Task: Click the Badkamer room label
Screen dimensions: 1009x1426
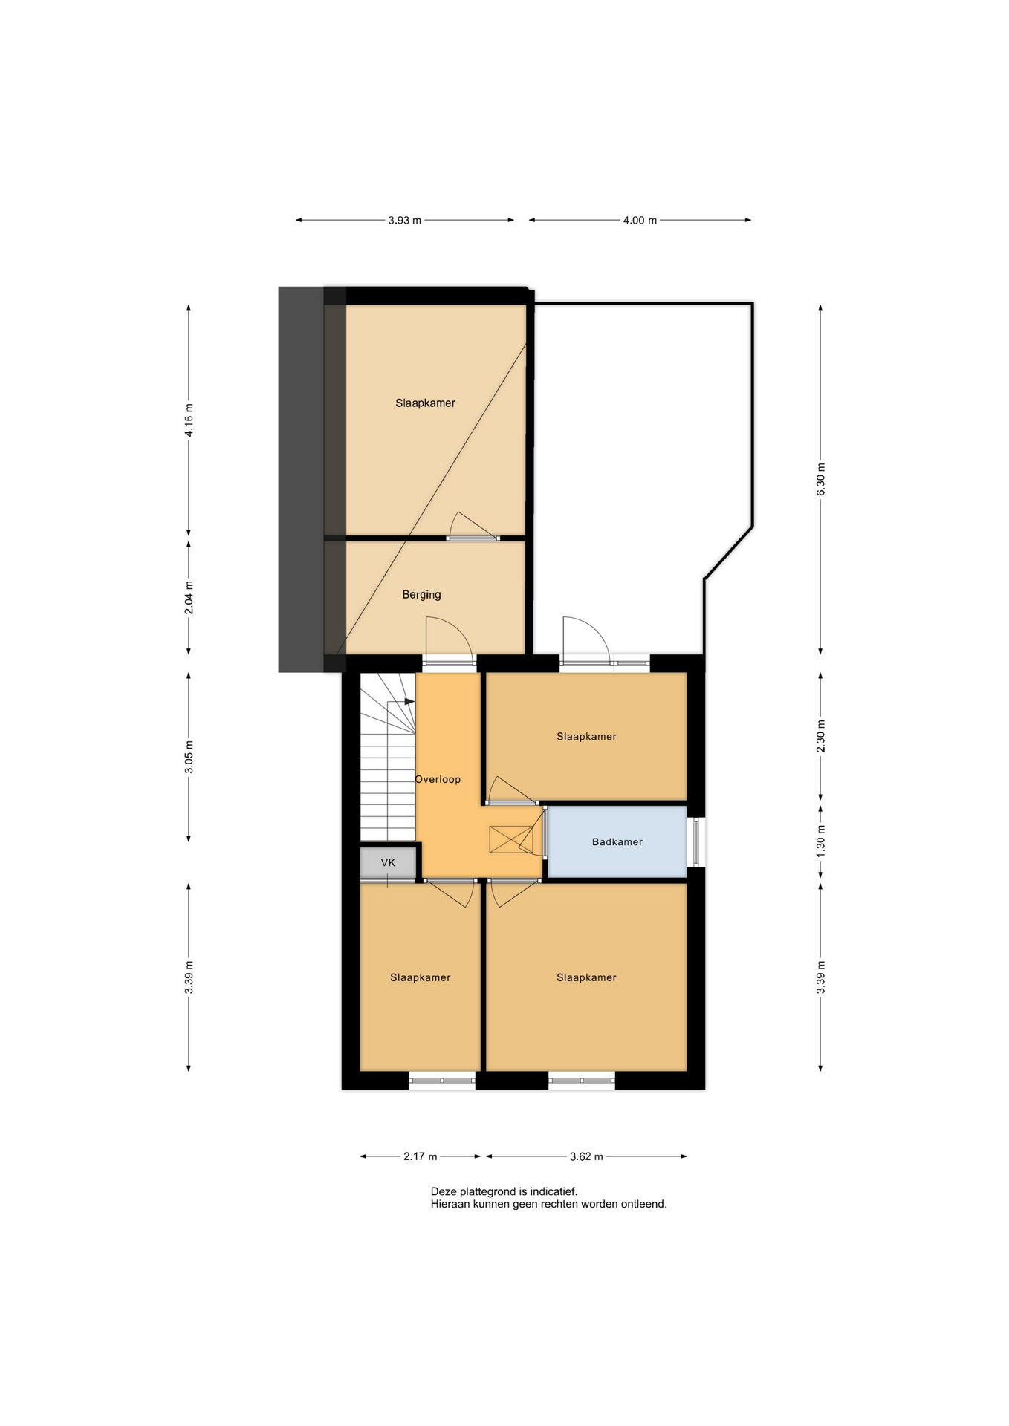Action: click(x=617, y=841)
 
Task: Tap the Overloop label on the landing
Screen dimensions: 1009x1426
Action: click(x=438, y=779)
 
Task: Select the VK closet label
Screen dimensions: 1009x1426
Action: click(x=388, y=862)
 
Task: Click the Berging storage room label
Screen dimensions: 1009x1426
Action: click(x=421, y=594)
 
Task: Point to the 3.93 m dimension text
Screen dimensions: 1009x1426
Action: click(x=404, y=220)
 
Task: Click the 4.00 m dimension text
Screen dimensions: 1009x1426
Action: click(x=640, y=220)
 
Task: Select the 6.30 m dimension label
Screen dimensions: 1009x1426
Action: click(x=820, y=480)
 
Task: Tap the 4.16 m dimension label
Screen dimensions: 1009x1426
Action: click(x=189, y=420)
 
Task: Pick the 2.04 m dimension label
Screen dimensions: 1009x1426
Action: click(x=189, y=598)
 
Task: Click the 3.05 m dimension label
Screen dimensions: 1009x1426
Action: click(x=189, y=757)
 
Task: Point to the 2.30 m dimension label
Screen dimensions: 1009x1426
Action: click(x=820, y=737)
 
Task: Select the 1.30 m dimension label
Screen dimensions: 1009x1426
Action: click(x=820, y=841)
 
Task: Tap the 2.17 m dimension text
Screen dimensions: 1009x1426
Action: click(x=420, y=1156)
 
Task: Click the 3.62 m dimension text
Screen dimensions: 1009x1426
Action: click(x=586, y=1156)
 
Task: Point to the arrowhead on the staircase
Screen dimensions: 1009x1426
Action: click(x=409, y=701)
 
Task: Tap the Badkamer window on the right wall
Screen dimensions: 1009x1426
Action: click(x=696, y=841)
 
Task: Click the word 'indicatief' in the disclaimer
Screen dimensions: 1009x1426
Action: click(x=553, y=1191)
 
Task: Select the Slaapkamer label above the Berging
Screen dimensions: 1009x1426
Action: click(x=425, y=403)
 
